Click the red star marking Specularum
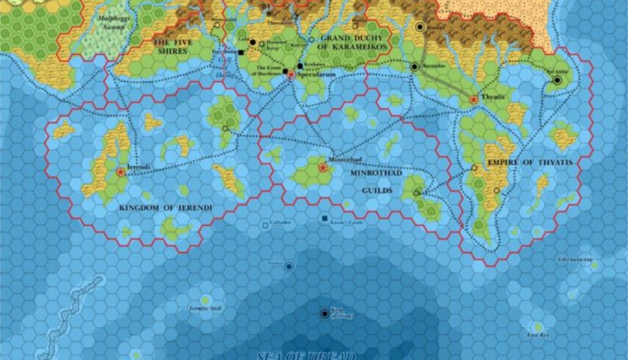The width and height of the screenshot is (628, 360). tap(291, 75)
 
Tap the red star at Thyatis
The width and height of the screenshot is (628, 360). tap(474, 100)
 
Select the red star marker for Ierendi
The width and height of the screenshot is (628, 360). tap(120, 172)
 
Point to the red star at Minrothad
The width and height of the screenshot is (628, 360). tap(323, 168)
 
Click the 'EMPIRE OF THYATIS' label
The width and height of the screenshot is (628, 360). tap(529, 162)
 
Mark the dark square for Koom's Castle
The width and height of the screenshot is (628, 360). tap(324, 218)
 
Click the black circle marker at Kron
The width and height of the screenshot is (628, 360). tap(324, 313)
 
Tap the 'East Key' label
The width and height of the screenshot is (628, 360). tap(538, 336)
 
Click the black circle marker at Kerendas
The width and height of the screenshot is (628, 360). tap(415, 67)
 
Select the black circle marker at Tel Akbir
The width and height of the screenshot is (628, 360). tap(557, 81)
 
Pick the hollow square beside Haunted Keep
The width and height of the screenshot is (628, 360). tap(261, 44)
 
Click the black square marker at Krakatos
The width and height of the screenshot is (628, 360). tap(300, 66)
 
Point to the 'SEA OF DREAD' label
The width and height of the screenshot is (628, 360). tap(305, 356)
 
